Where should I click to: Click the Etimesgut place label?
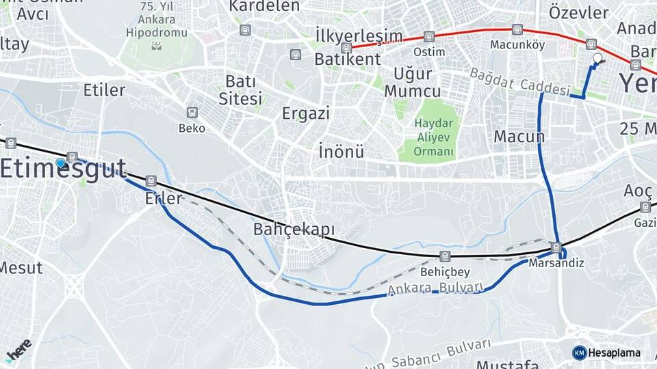click(64, 169)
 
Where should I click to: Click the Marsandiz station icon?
click(556, 247)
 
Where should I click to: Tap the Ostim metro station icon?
click(429, 37)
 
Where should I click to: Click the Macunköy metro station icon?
click(517, 30)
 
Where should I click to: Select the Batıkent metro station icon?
click(346, 48)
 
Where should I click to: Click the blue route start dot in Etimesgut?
click(61, 163)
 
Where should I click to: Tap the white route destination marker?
click(597, 59)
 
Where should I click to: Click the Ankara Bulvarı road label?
click(436, 289)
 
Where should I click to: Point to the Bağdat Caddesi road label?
click(520, 81)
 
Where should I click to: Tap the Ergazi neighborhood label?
click(306, 113)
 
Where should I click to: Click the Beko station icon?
click(192, 113)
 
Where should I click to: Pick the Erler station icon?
click(151, 181)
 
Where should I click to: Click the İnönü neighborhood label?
click(342, 151)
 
